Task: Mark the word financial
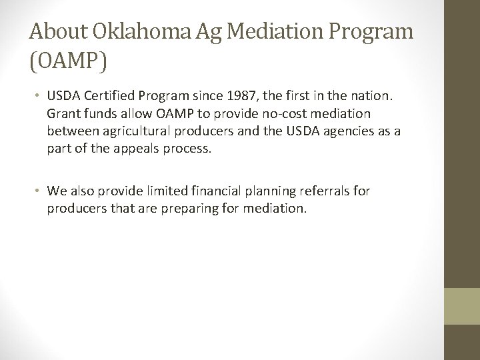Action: pos(220,192)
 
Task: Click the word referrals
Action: pos(336,192)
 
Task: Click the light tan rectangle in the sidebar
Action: pos(462,306)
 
